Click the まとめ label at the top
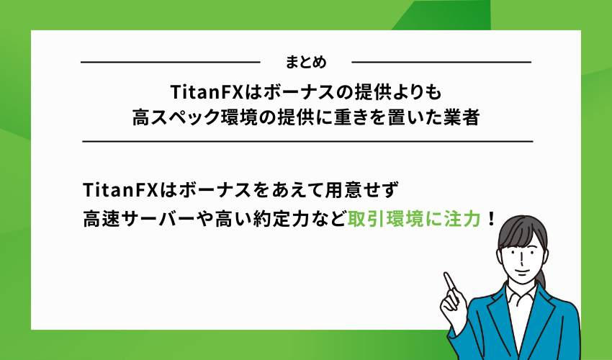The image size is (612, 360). (x=305, y=63)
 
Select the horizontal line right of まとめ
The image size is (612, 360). (x=441, y=63)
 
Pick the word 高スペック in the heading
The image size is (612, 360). (x=167, y=117)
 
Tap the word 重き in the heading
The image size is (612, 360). (x=358, y=117)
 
